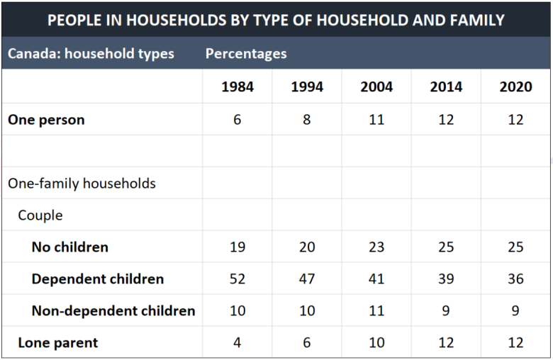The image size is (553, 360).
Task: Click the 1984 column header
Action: (x=238, y=86)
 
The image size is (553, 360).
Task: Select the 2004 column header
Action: (x=376, y=86)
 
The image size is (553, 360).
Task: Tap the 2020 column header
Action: (x=515, y=86)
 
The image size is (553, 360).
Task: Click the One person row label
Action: (x=46, y=120)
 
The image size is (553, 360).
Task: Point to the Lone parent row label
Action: (x=58, y=343)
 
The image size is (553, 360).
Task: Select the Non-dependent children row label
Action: (x=113, y=310)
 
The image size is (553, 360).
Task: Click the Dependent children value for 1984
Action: (x=238, y=279)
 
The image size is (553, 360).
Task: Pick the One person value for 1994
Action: (x=307, y=120)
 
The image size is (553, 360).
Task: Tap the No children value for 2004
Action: (x=376, y=247)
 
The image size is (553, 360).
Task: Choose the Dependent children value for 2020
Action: (x=515, y=279)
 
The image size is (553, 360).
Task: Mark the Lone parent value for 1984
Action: (x=238, y=342)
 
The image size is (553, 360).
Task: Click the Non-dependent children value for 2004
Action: (x=376, y=310)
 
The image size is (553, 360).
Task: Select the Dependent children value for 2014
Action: (x=446, y=279)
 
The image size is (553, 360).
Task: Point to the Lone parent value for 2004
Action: (x=376, y=342)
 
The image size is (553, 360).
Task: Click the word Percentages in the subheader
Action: (x=246, y=54)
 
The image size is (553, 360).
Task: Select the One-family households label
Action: (x=82, y=184)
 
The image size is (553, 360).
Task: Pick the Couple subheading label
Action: (x=40, y=215)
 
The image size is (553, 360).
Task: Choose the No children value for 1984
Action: (x=238, y=247)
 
